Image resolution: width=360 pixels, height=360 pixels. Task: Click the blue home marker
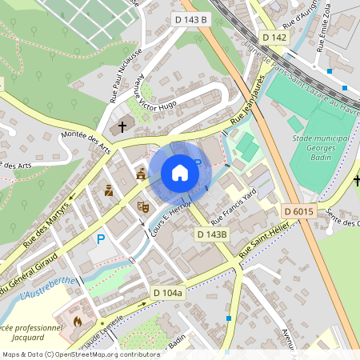pyautogui.click(x=180, y=172)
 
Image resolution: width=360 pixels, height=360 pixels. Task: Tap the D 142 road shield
pyautogui.click(x=274, y=38)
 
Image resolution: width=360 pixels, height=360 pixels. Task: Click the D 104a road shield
pyautogui.click(x=169, y=293)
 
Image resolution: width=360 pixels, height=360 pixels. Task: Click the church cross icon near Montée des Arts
pyautogui.click(x=122, y=126)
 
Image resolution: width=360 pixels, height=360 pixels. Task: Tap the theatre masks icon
pyautogui.click(x=144, y=206)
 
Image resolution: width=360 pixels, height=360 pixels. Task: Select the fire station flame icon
pyautogui.click(x=78, y=322)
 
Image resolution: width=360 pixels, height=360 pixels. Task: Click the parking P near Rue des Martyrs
pyautogui.click(x=101, y=239)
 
